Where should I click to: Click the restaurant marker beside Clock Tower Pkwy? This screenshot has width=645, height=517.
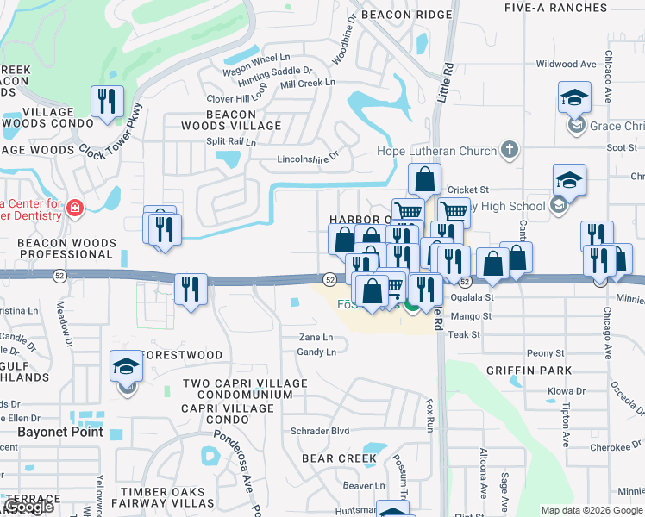(107, 102)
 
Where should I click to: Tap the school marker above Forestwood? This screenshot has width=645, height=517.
(127, 368)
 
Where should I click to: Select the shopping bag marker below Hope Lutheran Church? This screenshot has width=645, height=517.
(424, 180)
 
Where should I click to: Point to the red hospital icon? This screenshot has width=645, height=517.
(75, 209)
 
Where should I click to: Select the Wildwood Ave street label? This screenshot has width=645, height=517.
(567, 64)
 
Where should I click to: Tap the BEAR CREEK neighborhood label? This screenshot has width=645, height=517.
(339, 458)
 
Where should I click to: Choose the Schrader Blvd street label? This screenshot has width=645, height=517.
(320, 431)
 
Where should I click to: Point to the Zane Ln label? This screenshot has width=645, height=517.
(316, 338)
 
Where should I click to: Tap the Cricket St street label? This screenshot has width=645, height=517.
(468, 190)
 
